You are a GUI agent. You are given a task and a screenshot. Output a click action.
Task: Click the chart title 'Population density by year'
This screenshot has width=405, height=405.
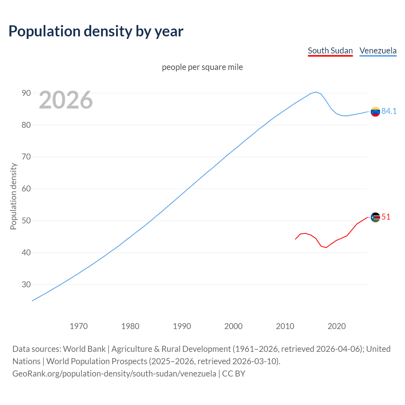pos(96,31)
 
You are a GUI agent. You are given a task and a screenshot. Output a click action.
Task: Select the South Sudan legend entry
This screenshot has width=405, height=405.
pos(330,51)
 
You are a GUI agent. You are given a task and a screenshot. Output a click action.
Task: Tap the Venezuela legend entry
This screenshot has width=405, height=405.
pos(378,51)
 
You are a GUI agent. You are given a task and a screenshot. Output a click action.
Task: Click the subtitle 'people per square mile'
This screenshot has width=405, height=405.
pos(202,67)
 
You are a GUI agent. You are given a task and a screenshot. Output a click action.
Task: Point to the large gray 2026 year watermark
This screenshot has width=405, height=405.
pos(66,100)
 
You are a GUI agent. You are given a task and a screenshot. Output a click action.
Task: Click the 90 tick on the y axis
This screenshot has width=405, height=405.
pos(26,93)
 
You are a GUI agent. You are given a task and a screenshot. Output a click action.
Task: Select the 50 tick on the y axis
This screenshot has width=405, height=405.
pos(26,221)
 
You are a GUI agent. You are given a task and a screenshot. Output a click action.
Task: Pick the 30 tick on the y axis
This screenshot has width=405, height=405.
pos(26,284)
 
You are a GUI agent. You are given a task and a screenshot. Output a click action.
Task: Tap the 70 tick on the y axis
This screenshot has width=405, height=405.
pos(26,157)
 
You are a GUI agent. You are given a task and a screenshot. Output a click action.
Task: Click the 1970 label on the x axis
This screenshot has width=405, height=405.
pos(78,326)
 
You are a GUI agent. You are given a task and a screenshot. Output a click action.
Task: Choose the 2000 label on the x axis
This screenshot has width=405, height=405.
pos(233,326)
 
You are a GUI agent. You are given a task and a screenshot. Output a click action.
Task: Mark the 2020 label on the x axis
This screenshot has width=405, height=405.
pos(336,326)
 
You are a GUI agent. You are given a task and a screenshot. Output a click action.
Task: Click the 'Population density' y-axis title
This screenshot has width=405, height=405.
pos(13,196)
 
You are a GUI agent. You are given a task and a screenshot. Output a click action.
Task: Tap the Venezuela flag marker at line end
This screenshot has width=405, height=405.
pos(375,112)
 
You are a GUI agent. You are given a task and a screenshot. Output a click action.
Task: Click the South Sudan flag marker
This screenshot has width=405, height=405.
pos(375,217)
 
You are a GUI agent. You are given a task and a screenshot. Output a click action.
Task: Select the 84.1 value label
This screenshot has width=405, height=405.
pos(389,111)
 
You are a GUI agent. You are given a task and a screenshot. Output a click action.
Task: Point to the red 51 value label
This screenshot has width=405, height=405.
pos(386,217)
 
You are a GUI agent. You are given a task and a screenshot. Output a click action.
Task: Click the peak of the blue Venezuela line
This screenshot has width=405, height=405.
pos(315,92)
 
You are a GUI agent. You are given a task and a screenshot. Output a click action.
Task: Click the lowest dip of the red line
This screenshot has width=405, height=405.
pos(326,247)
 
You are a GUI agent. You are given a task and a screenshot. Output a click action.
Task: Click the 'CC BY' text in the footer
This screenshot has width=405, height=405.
pos(234,374)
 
